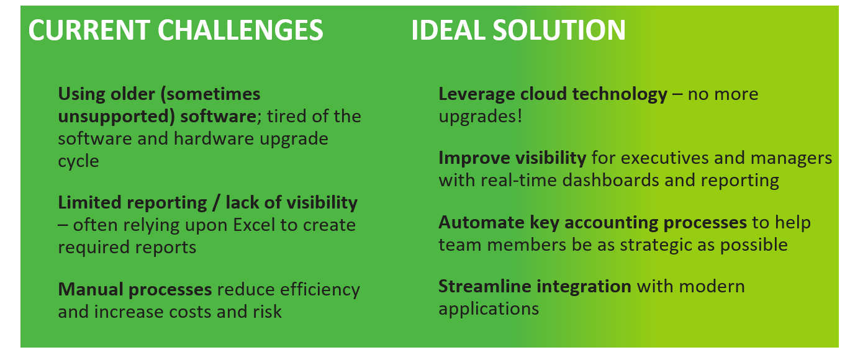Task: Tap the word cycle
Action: coord(78,161)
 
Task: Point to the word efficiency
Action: coord(320,289)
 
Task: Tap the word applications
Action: coord(489,308)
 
